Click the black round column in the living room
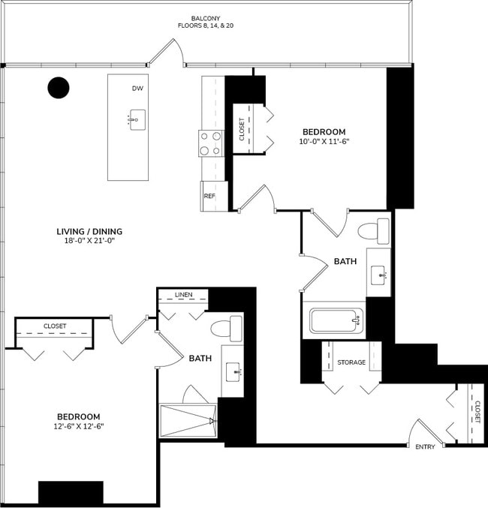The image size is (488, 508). tap(59, 88)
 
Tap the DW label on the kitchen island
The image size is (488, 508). tap(137, 89)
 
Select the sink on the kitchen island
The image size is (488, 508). tap(137, 120)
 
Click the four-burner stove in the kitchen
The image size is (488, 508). tap(210, 143)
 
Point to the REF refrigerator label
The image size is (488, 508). tap(209, 195)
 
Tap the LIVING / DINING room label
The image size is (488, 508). tap(89, 231)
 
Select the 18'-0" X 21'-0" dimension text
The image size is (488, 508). tap(89, 242)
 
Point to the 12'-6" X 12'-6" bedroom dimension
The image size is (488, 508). tap(79, 426)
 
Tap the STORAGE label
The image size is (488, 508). tap(351, 362)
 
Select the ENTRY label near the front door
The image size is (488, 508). tap(426, 446)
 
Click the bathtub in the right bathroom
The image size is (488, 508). tap(336, 322)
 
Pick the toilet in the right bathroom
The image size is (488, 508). tap(375, 230)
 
